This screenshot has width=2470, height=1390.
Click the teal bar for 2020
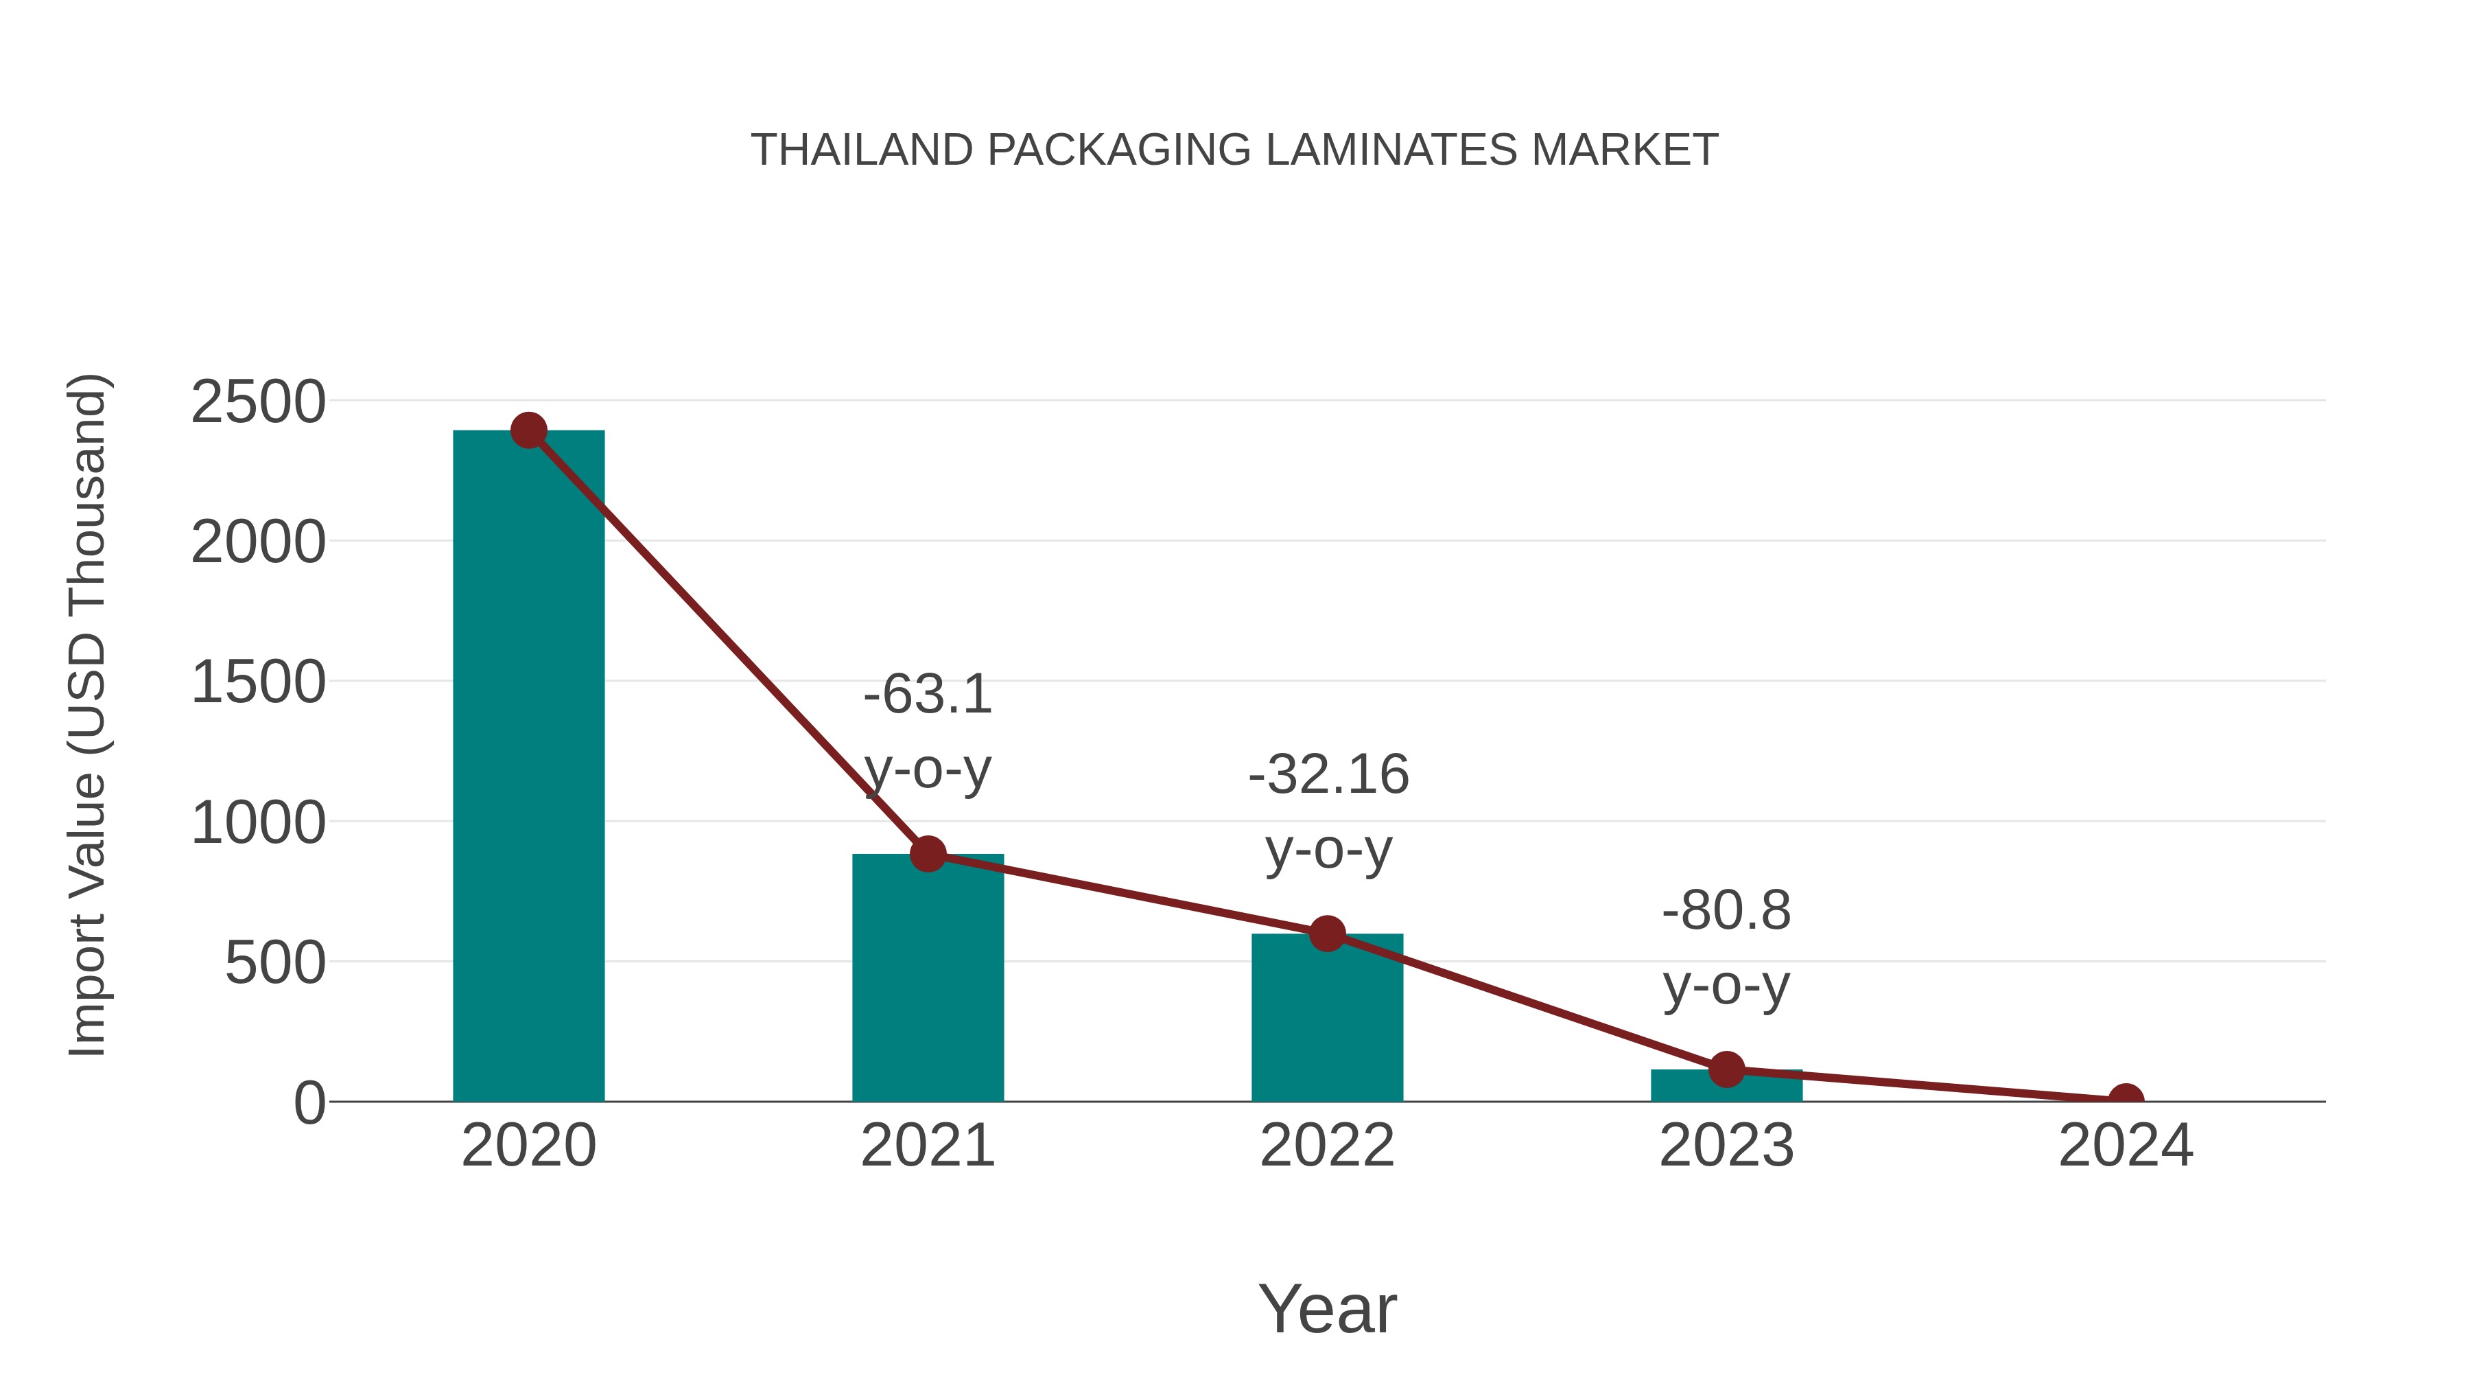tap(528, 767)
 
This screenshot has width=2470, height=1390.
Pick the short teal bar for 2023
tap(1726, 1087)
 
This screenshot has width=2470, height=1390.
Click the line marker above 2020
tap(528, 430)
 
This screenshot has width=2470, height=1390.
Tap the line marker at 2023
tap(1726, 1069)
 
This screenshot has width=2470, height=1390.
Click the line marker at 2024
tap(2126, 1100)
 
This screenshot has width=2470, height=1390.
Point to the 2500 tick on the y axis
tap(258, 402)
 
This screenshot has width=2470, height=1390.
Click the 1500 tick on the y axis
tap(258, 683)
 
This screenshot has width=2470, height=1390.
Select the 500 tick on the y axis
tap(275, 963)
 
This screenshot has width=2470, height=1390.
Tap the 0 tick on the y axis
tap(309, 1103)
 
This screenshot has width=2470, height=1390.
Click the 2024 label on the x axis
tap(2126, 1146)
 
